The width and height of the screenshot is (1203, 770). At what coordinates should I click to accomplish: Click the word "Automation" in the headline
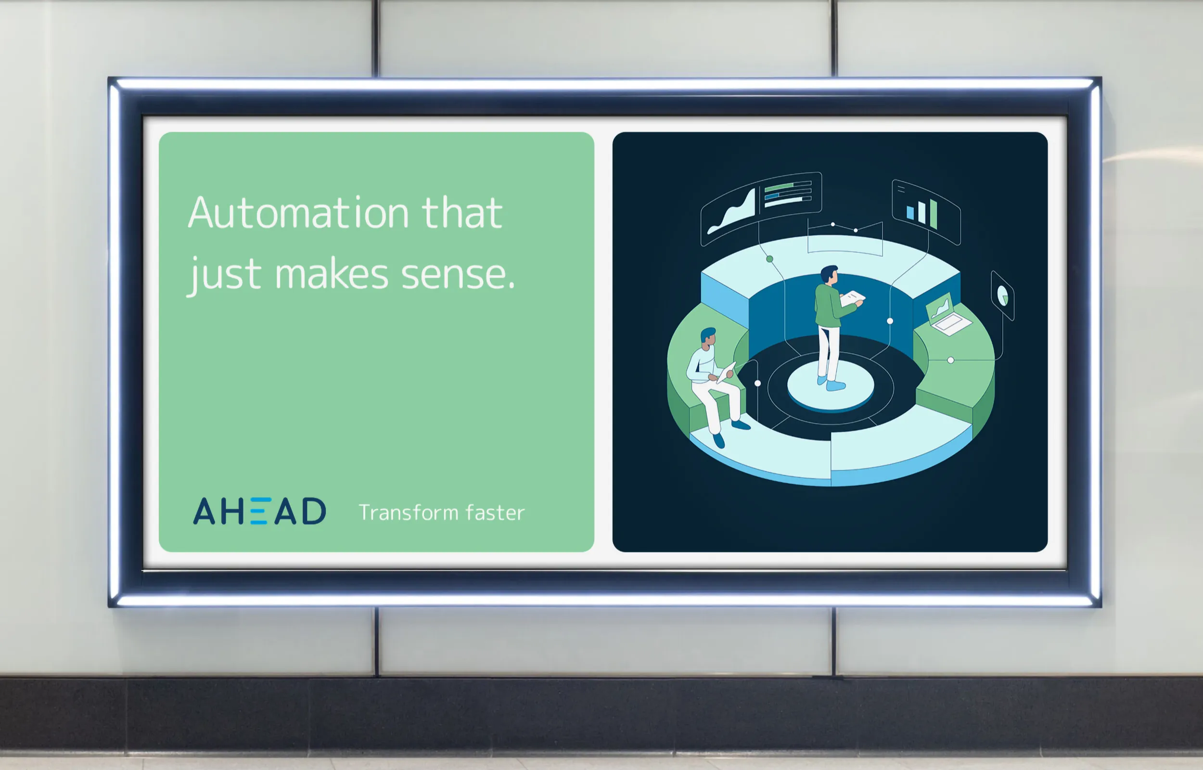(x=299, y=213)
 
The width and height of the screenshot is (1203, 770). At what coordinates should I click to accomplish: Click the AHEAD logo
(x=259, y=511)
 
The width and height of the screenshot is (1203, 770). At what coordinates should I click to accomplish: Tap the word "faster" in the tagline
(x=495, y=513)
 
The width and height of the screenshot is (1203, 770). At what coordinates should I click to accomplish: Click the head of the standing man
(x=829, y=275)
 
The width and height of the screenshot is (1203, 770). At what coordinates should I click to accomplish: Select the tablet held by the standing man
(x=852, y=298)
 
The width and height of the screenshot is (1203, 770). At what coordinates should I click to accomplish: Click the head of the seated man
(x=709, y=337)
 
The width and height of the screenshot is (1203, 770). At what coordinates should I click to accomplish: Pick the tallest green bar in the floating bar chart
(x=933, y=214)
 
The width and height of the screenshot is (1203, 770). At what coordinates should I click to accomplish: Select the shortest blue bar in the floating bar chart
(x=910, y=213)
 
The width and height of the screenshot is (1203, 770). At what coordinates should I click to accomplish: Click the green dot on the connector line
(x=770, y=259)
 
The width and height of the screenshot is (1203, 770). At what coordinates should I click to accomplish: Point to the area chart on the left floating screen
(x=731, y=214)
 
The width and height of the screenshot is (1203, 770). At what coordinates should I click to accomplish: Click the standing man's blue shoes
(x=832, y=384)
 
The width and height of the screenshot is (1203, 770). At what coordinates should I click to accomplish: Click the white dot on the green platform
(x=950, y=360)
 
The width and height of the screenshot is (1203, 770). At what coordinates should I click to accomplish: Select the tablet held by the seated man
(x=726, y=373)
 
